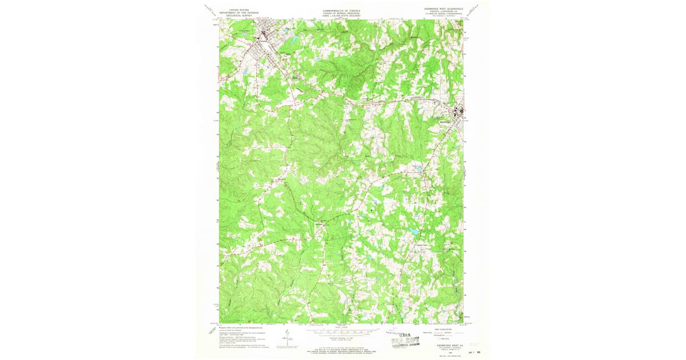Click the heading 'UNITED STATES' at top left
(239, 10)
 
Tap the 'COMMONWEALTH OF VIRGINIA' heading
(343, 10)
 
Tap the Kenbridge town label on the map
(445, 121)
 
